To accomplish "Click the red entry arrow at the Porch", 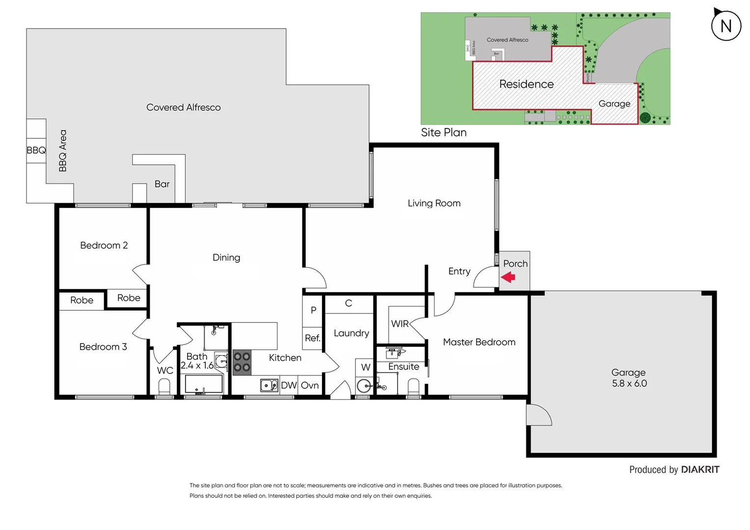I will coord(508,277).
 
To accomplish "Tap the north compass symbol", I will coord(725,26).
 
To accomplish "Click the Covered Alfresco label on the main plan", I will coord(183,107).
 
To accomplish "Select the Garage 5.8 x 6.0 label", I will coord(629,378).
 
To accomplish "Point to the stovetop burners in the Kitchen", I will coord(241,362).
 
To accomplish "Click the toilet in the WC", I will coord(164,388).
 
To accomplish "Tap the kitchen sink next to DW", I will coord(268,385).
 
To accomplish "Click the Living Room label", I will coord(434,203).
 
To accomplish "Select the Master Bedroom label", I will coord(479,342).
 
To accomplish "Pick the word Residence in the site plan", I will coord(526,84).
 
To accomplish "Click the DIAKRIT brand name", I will coord(700,470).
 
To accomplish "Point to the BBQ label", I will coord(36,150).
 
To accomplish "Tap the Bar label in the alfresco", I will coord(162,184).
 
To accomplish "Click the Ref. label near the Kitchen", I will coord(312,338).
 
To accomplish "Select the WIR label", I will coord(400,324).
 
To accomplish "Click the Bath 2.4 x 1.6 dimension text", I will coord(197,366).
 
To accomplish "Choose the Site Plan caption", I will coord(444,132).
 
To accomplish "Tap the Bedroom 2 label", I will coord(104,245).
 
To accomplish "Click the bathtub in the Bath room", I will coord(204,384).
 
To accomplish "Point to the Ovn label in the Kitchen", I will coord(310,386).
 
